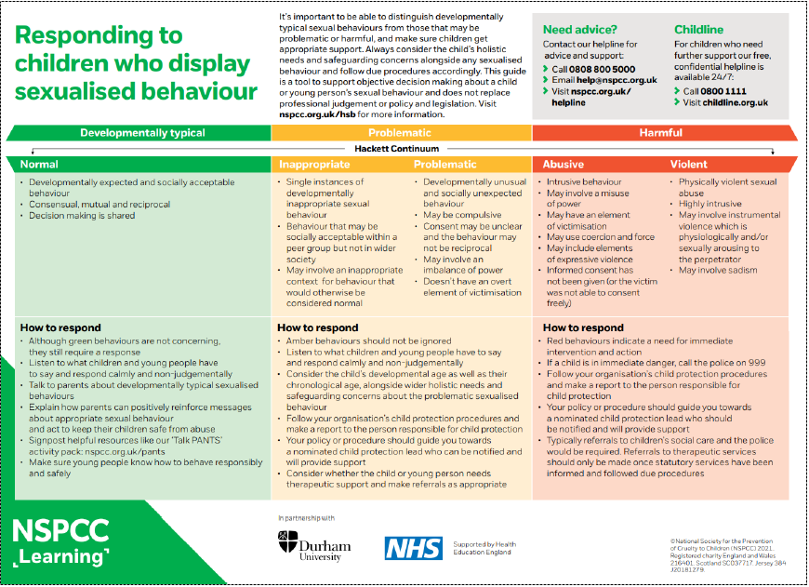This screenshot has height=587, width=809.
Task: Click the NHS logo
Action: point(414,548)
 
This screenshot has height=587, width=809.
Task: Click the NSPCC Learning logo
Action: point(61,542)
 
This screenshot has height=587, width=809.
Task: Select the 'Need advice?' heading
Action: point(579,30)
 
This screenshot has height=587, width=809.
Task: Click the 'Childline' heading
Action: point(698,30)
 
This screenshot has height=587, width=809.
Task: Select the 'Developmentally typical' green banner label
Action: point(142,133)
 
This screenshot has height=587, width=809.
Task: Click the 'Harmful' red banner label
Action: point(660,133)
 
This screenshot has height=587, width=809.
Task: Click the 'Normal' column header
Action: point(39,165)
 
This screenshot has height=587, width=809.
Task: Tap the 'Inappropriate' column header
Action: point(314,165)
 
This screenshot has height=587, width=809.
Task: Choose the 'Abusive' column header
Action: point(564,165)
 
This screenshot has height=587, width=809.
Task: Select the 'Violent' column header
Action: point(689,165)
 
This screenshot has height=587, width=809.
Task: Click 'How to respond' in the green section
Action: point(60,327)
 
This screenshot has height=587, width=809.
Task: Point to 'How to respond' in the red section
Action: point(583,327)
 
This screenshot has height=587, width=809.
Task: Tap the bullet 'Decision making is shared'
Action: point(82,216)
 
